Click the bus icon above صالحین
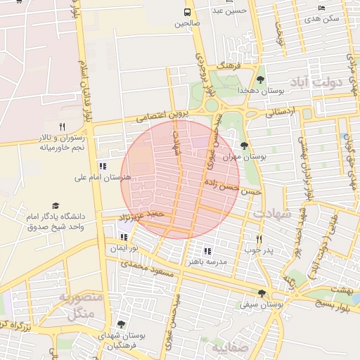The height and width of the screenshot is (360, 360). (x=188, y=13)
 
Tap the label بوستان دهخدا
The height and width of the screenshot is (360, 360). (x=262, y=91)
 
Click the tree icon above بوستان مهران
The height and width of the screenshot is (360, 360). (x=243, y=146)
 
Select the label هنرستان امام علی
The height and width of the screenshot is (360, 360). (x=103, y=179)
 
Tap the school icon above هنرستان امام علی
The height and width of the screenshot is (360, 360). (x=103, y=167)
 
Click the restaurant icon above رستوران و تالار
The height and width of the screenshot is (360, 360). (x=62, y=127)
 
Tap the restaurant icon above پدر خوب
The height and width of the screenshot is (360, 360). (x=259, y=239)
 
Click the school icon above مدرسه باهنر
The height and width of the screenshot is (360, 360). (x=207, y=250)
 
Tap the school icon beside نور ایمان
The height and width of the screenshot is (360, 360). (x=124, y=238)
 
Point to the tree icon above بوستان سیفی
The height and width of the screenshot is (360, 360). (x=262, y=293)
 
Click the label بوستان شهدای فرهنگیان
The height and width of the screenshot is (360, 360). (x=122, y=341)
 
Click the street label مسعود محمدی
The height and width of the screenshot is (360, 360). (x=147, y=269)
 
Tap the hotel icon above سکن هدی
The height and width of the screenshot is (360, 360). (x=322, y=8)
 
